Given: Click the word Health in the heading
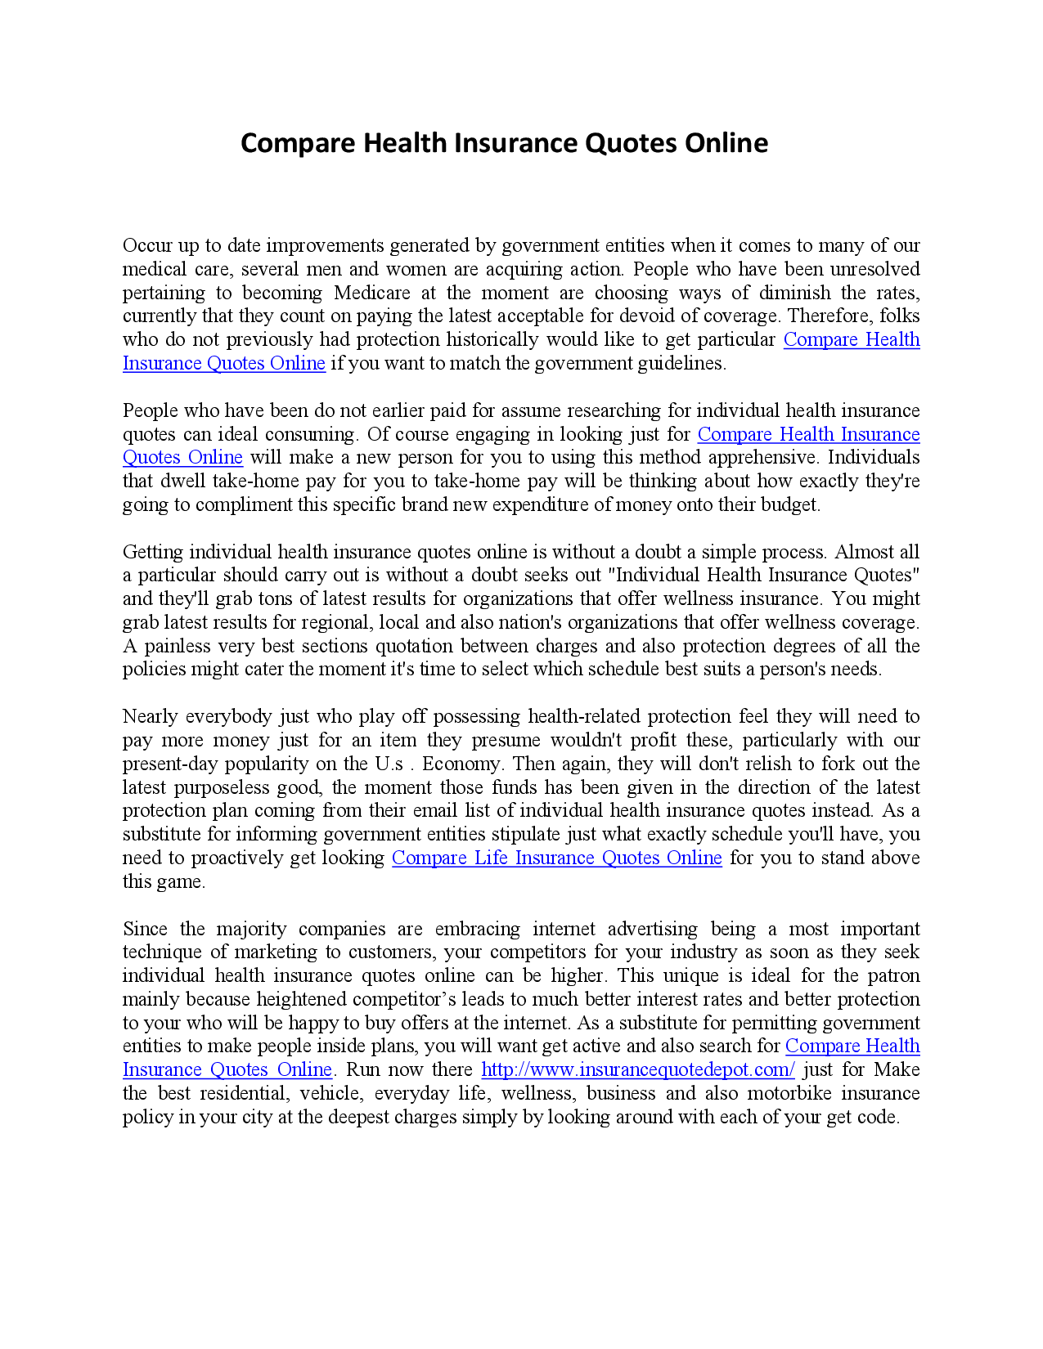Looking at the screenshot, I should (x=405, y=143).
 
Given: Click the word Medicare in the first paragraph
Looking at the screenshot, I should (x=372, y=293).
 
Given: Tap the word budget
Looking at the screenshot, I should (x=793, y=505).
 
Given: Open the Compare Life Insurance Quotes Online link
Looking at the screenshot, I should (x=556, y=858).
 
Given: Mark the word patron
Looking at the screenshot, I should (x=893, y=976).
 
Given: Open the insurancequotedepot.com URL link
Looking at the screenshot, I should (x=637, y=1070).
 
